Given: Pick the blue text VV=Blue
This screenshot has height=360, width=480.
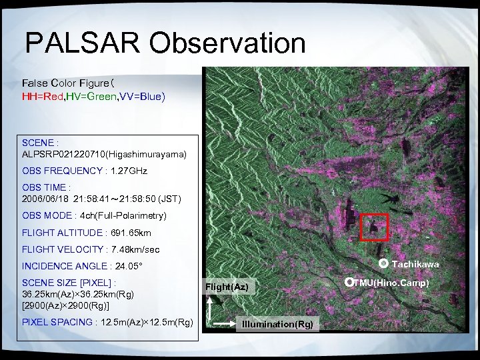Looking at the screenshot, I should (x=141, y=97).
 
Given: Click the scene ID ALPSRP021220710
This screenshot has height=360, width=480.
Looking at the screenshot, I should (x=65, y=154).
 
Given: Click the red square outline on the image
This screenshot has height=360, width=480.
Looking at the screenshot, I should (x=373, y=227).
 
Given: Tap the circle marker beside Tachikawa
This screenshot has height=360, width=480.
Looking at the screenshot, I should (x=383, y=264).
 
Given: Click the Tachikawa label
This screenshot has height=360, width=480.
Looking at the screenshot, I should (x=415, y=265).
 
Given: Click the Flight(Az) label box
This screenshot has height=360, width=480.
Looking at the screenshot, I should (x=227, y=287).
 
